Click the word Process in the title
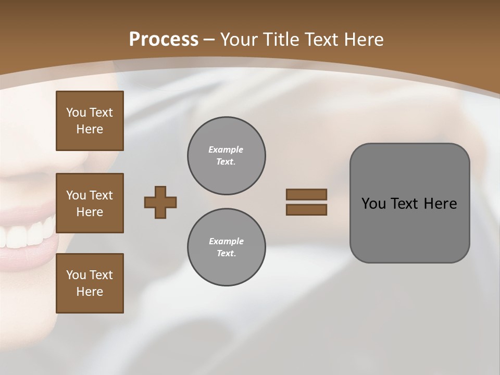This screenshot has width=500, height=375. pyautogui.click(x=164, y=40)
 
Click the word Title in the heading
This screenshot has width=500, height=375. pyautogui.click(x=281, y=40)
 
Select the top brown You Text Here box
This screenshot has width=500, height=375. pyautogui.click(x=90, y=121)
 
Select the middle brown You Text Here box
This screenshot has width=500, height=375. pyautogui.click(x=90, y=203)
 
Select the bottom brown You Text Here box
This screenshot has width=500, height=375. pyautogui.click(x=90, y=283)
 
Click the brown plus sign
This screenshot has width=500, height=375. pyautogui.click(x=160, y=203)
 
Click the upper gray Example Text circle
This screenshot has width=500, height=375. pyautogui.click(x=227, y=156)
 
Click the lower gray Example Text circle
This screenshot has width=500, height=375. pyautogui.click(x=227, y=247)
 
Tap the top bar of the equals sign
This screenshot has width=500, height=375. pyautogui.click(x=306, y=194)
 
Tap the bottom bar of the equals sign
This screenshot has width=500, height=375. pyautogui.click(x=306, y=210)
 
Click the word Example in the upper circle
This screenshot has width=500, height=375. pyautogui.click(x=226, y=149)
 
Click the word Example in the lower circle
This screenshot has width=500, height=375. pyautogui.click(x=226, y=241)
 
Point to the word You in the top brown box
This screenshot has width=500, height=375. pyautogui.click(x=76, y=113)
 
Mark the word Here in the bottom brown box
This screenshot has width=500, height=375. pyautogui.click(x=90, y=292)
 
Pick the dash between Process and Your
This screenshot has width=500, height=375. pyautogui.click(x=209, y=40)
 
